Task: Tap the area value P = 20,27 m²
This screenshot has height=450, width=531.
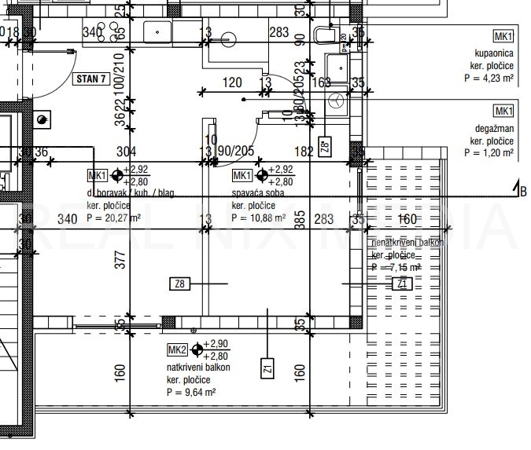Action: click(113, 219)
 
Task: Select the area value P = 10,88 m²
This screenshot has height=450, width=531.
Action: click(258, 219)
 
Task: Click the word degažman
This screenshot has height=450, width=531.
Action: click(493, 128)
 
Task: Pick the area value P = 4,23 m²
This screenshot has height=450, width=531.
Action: click(489, 79)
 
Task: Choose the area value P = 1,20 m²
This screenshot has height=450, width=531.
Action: click(489, 153)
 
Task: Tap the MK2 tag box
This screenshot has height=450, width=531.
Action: click(176, 349)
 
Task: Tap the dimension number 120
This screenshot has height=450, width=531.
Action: click(232, 82)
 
